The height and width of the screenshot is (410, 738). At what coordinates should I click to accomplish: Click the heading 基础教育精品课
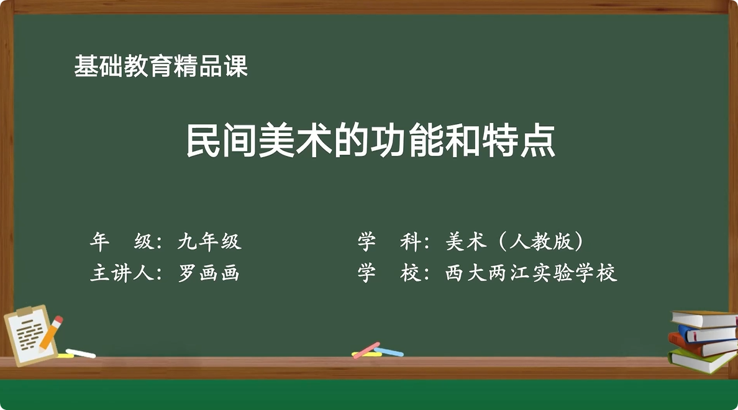(161, 66)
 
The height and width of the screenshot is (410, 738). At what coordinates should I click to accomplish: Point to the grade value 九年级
(209, 241)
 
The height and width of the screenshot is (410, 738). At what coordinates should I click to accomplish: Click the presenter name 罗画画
(209, 273)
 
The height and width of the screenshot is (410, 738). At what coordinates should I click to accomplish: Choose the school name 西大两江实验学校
(531, 273)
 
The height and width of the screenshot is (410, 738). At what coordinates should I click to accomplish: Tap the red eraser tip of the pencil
(58, 320)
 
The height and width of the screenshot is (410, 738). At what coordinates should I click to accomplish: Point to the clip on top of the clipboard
(25, 311)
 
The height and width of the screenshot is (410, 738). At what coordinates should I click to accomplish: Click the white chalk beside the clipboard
(81, 353)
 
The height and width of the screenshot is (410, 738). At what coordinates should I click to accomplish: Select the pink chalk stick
(367, 349)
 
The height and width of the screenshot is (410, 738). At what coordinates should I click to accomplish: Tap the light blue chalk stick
(389, 352)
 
